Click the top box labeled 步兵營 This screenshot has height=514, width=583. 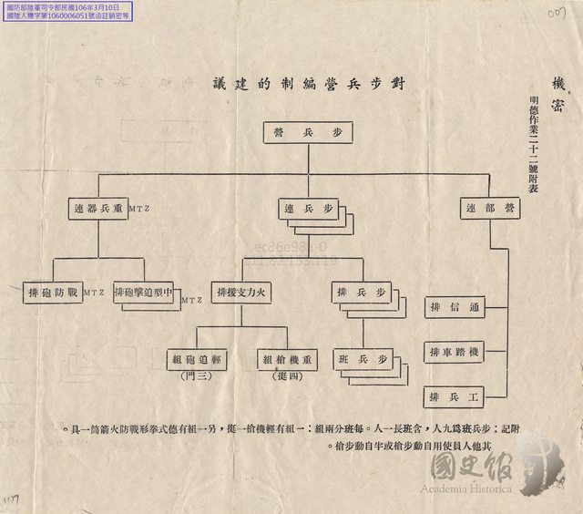(x=308, y=133)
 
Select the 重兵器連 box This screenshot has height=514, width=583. (x=98, y=208)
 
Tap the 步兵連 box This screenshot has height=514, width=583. (x=308, y=209)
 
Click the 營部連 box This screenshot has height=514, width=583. (x=489, y=208)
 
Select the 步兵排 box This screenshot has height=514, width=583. (x=363, y=293)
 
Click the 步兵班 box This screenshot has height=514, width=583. (x=363, y=359)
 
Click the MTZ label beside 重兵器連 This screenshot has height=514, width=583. (x=140, y=210)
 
